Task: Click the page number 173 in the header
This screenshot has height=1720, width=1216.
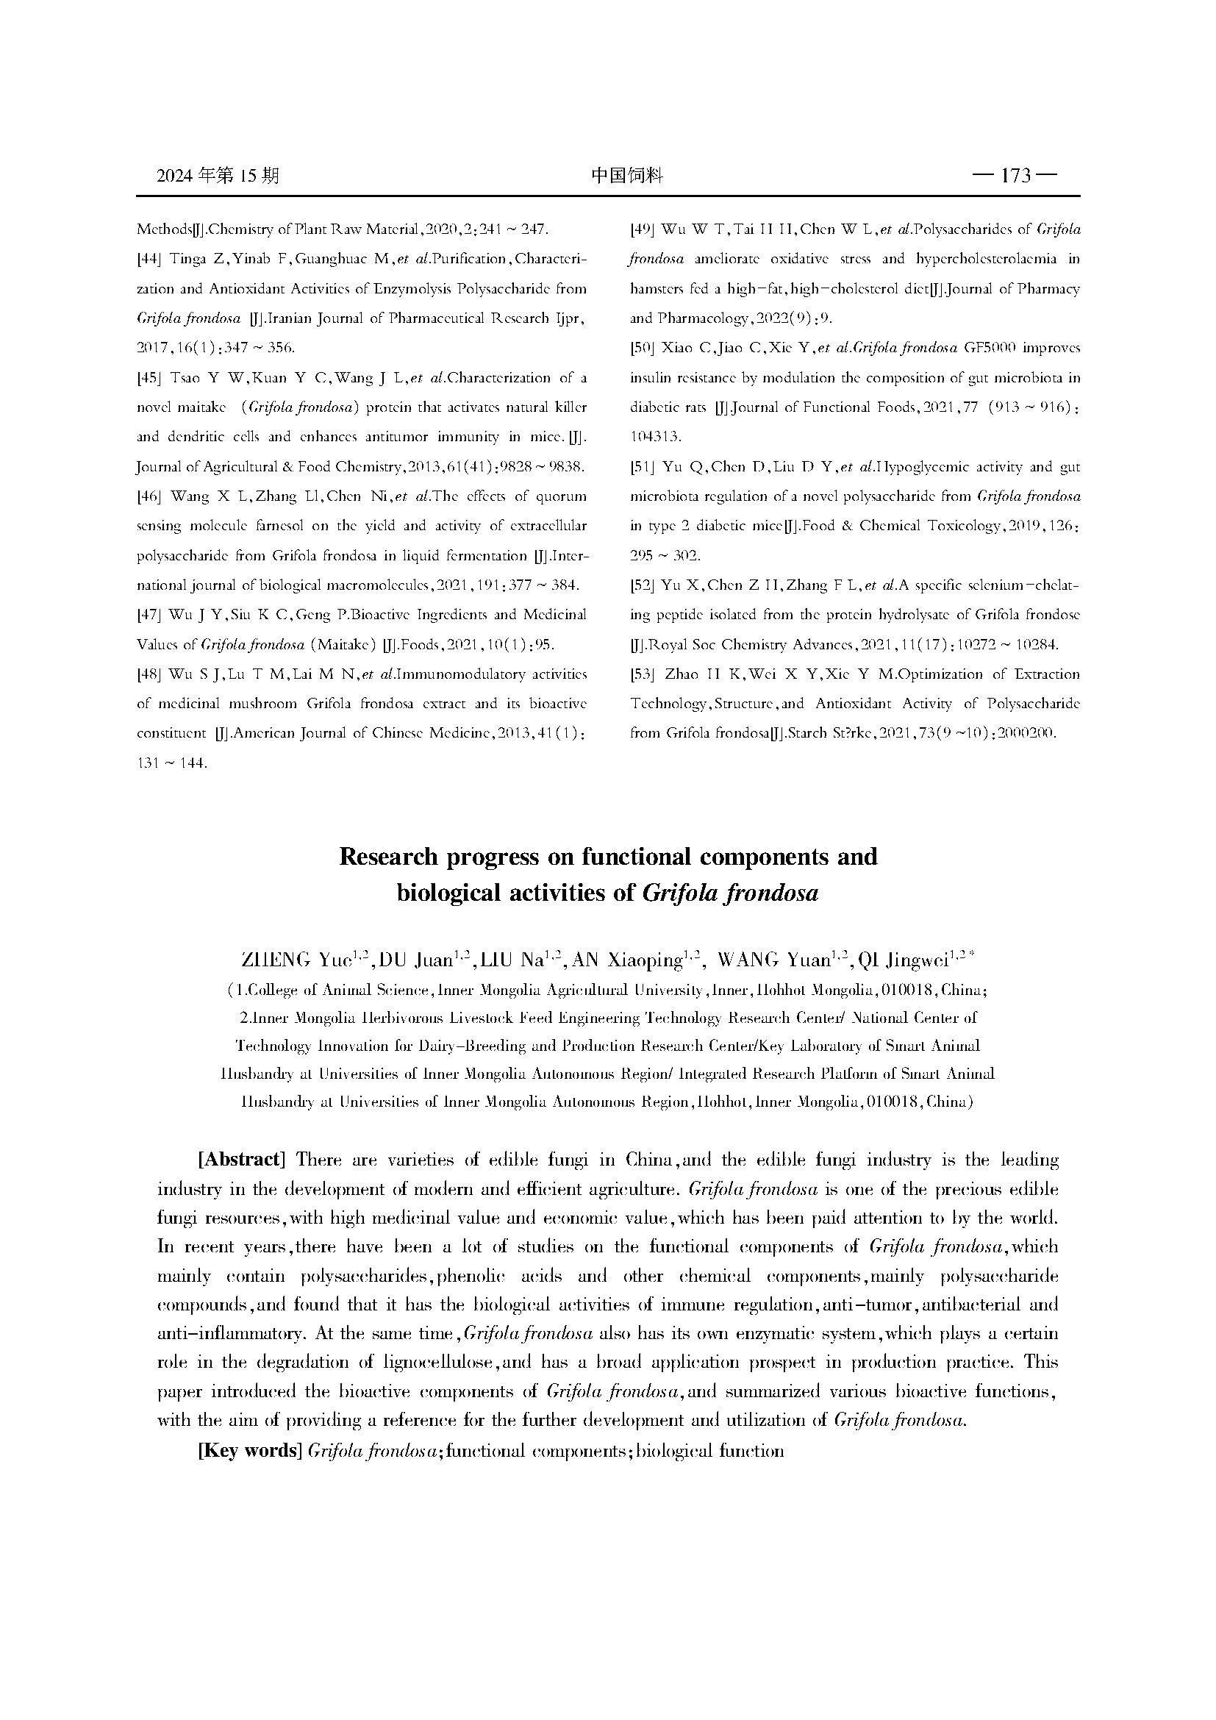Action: coord(1015,176)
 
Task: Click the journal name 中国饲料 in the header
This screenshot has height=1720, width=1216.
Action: coord(626,176)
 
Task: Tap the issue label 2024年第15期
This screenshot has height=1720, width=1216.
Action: coord(218,176)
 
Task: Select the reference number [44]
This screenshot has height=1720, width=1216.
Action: coord(149,258)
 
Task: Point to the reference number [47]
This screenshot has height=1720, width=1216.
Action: coord(149,615)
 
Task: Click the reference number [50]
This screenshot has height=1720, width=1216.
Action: coord(643,348)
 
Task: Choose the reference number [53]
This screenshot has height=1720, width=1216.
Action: coord(643,674)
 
